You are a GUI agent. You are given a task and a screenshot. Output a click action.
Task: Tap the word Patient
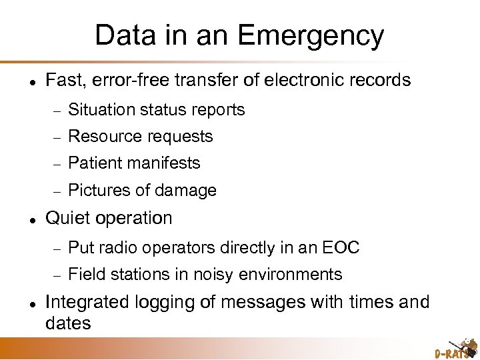pyautogui.click(x=91, y=163)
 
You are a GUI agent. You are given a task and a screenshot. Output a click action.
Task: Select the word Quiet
pyautogui.click(x=66, y=218)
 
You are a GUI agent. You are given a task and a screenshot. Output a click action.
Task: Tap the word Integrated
pyautogui.click(x=85, y=302)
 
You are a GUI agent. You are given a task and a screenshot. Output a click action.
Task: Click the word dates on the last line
pyautogui.click(x=67, y=323)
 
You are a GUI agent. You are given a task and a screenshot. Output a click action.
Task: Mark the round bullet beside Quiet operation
pyautogui.click(x=24, y=218)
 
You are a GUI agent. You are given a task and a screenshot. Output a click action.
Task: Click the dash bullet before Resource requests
pyautogui.click(x=57, y=137)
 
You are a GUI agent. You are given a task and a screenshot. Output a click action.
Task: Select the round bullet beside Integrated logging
pyautogui.click(x=24, y=303)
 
